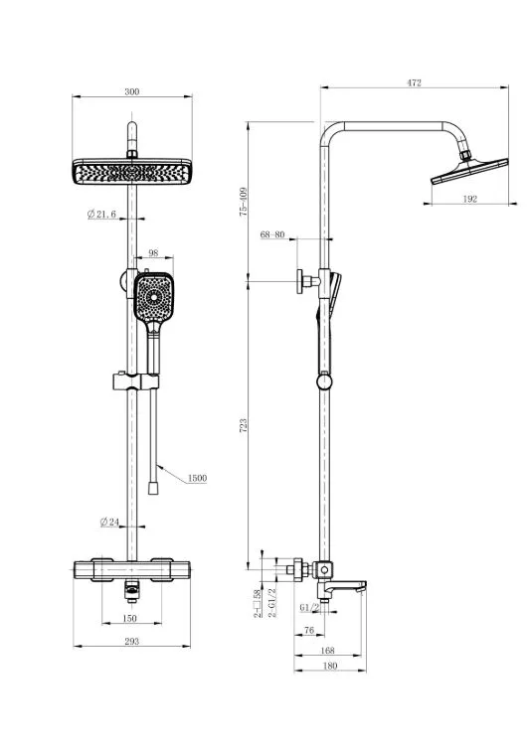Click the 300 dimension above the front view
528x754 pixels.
[132, 91]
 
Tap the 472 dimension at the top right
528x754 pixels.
[414, 82]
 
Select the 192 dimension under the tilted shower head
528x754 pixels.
[469, 199]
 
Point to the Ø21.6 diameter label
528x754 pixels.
[101, 214]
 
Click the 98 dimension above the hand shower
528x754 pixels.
[153, 253]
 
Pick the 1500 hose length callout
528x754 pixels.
[197, 478]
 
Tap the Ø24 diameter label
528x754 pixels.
[109, 522]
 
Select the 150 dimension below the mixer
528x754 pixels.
[130, 618]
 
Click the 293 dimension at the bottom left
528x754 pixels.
[131, 641]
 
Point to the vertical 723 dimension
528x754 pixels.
[244, 425]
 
